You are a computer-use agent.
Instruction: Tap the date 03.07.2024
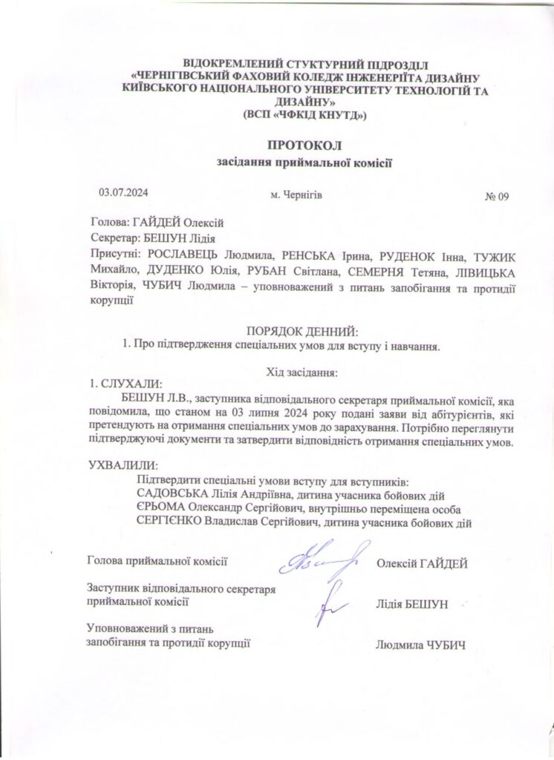pos(124,192)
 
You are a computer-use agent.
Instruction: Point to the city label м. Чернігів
pos(296,195)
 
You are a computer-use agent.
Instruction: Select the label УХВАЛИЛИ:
pos(123,465)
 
